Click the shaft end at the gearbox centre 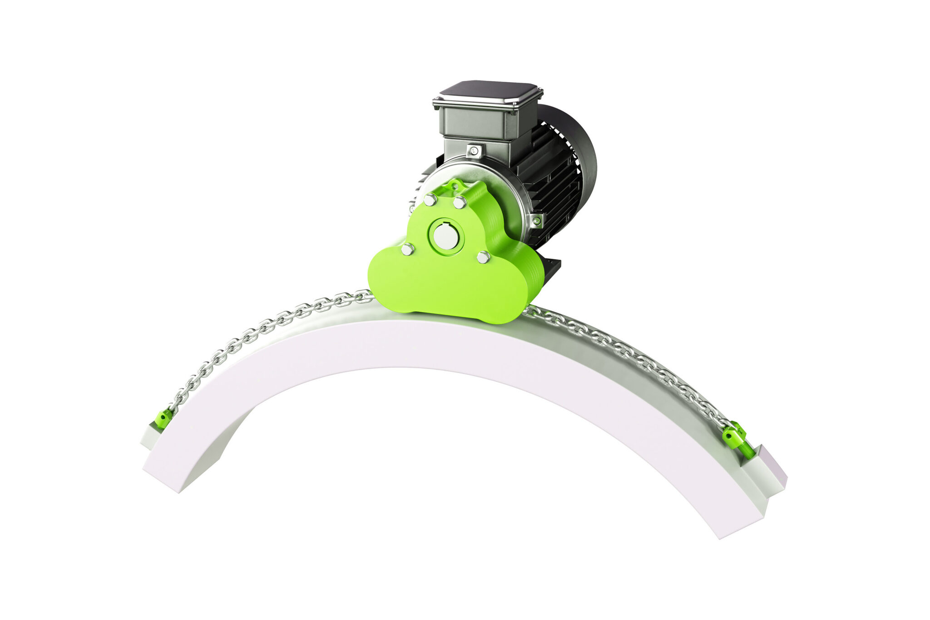445,237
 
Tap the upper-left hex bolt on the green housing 429,199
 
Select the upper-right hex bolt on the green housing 460,202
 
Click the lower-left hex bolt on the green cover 407,249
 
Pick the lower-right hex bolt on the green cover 483,257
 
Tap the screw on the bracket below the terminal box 474,150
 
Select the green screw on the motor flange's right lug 536,221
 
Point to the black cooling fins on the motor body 552,182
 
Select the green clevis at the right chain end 732,432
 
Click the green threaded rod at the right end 747,450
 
